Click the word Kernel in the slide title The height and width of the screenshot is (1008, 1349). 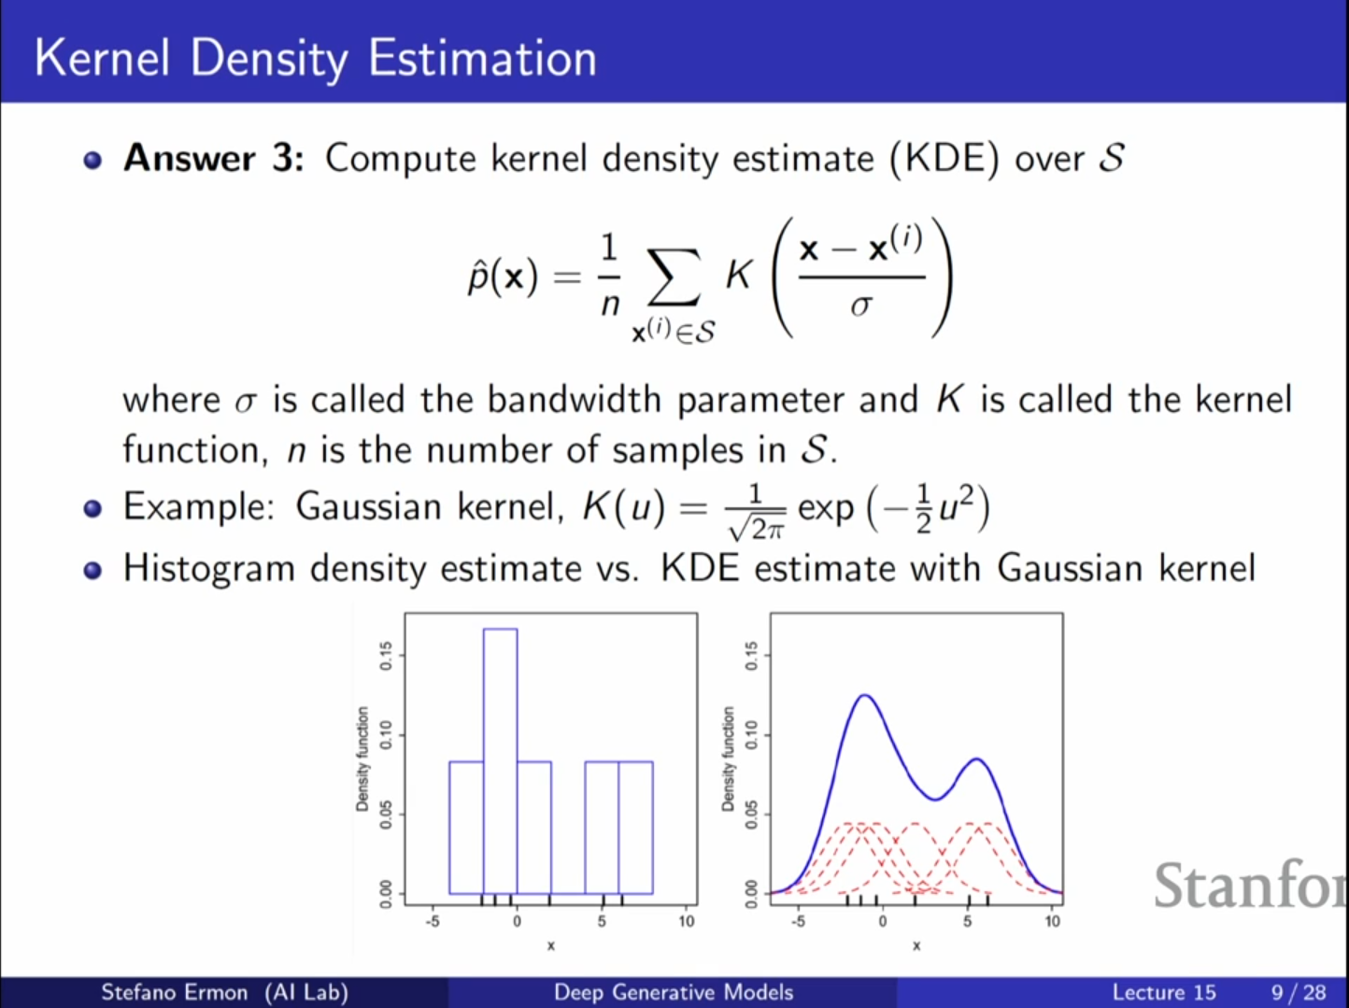click(102, 58)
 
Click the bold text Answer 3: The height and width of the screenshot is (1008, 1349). click(214, 158)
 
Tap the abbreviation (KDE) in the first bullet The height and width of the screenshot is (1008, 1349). click(944, 159)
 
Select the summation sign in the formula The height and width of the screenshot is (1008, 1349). click(674, 277)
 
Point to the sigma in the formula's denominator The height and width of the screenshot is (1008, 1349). click(861, 305)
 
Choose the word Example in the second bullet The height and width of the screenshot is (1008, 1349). click(198, 507)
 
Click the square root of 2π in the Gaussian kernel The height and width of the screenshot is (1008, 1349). click(756, 528)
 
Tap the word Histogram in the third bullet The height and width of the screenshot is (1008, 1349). click(209, 569)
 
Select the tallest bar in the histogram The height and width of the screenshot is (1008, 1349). click(500, 760)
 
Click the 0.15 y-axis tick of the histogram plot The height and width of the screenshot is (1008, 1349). click(386, 656)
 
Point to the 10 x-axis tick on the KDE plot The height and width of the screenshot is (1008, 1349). click(1052, 921)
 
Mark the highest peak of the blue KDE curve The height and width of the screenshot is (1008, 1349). click(865, 695)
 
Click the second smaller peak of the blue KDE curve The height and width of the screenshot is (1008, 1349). click(976, 760)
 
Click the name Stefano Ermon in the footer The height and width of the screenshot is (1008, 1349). click(175, 992)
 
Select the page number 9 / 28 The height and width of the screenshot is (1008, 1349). click(1299, 992)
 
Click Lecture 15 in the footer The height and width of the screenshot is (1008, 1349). click(1164, 992)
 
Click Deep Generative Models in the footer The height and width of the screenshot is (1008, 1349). click(674, 992)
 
